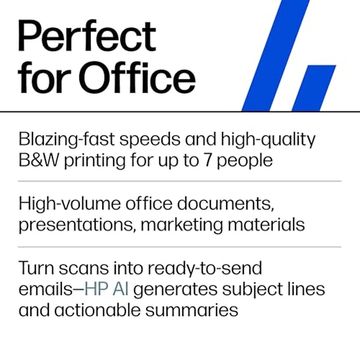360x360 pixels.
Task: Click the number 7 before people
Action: click(x=213, y=160)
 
